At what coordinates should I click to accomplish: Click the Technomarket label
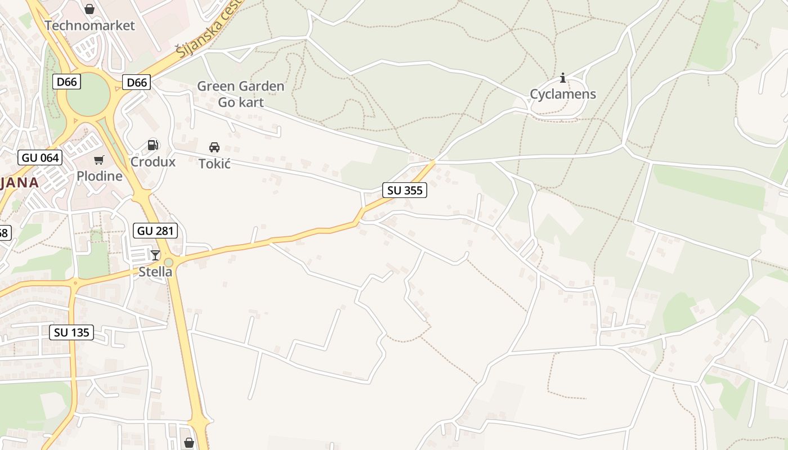click(x=90, y=25)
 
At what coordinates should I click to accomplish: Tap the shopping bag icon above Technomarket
click(x=89, y=9)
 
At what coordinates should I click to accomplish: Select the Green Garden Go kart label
click(x=240, y=94)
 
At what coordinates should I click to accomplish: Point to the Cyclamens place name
click(x=562, y=94)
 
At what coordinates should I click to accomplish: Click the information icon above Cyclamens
click(x=562, y=78)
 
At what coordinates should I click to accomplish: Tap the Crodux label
click(x=153, y=162)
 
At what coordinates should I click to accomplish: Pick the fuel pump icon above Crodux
click(x=153, y=145)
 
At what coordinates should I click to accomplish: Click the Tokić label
click(x=214, y=164)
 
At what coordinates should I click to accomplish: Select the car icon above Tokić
click(x=214, y=147)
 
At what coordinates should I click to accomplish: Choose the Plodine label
click(x=100, y=176)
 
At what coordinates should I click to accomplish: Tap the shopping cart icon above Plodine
click(x=99, y=160)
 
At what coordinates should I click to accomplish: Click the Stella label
click(x=155, y=272)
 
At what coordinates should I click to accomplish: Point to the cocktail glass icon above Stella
click(x=155, y=255)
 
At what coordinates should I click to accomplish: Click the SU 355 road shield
click(x=405, y=190)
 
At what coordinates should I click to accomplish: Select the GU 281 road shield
click(x=155, y=230)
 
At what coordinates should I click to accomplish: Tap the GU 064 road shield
click(x=40, y=157)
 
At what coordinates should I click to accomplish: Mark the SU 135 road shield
click(x=71, y=332)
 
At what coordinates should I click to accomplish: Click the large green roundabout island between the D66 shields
click(x=88, y=95)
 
